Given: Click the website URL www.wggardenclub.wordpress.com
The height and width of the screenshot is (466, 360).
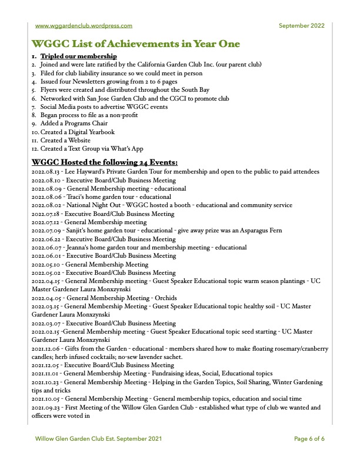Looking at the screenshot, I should tap(84, 25).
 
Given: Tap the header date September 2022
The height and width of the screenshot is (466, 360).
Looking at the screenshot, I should tap(301, 25).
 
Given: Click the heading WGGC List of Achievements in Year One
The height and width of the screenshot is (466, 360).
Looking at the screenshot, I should tap(136, 44).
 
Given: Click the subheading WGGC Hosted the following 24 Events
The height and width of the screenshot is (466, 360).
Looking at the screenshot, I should tap(104, 162).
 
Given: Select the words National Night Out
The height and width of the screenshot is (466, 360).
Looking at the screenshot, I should tap(93, 205).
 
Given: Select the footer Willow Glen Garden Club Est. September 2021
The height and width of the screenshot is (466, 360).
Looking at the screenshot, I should tap(98, 439).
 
